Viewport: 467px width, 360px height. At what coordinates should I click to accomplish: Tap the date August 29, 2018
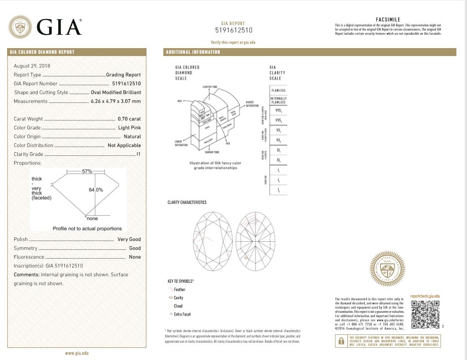pyautogui.click(x=32, y=66)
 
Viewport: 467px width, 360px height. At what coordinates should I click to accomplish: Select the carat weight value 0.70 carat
pyautogui.click(x=129, y=119)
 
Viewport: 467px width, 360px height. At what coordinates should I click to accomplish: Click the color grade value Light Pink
pyautogui.click(x=129, y=127)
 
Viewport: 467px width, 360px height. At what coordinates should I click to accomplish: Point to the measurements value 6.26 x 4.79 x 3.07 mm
pyautogui.click(x=116, y=101)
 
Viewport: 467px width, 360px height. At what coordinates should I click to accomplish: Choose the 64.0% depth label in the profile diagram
pyautogui.click(x=96, y=190)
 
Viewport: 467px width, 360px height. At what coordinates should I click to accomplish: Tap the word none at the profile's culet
pyautogui.click(x=92, y=219)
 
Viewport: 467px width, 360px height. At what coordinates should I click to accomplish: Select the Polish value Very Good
pyautogui.click(x=129, y=239)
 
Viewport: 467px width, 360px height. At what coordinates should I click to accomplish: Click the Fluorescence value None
pyautogui.click(x=135, y=257)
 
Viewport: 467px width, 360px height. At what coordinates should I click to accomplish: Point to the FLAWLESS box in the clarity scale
pyautogui.click(x=278, y=90)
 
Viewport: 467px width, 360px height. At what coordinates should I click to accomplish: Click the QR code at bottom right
pyautogui.click(x=425, y=314)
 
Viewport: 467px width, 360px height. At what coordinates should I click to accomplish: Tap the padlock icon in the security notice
pyautogui.click(x=341, y=341)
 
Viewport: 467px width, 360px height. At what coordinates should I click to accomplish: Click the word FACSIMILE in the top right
pyautogui.click(x=388, y=20)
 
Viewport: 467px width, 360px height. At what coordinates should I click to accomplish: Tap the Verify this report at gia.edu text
pyautogui.click(x=233, y=42)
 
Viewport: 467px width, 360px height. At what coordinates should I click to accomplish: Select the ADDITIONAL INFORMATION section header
pyautogui.click(x=193, y=52)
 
